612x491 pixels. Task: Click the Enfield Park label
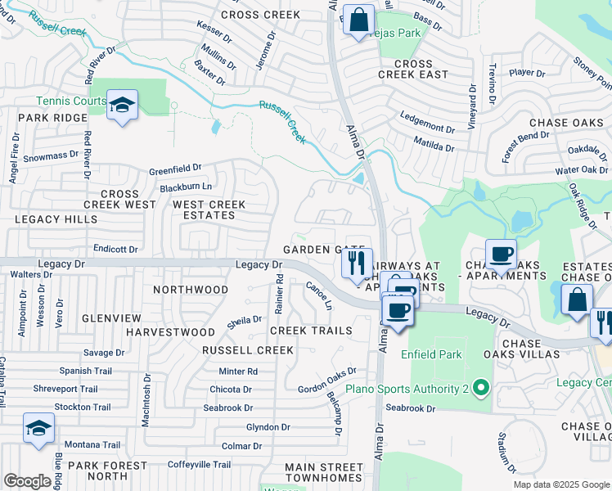click(430, 354)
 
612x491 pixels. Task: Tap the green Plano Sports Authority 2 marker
click(481, 387)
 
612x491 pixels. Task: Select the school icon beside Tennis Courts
click(122, 104)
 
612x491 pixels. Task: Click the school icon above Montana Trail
click(38, 427)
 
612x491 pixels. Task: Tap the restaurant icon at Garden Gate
click(356, 263)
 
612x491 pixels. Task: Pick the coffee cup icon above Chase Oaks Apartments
click(501, 254)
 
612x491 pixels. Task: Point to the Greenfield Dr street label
click(174, 170)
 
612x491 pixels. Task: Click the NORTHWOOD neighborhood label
click(191, 290)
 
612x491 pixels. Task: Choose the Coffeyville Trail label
click(200, 464)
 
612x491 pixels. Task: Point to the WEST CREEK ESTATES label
click(204, 209)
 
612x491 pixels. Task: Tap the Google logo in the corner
click(27, 481)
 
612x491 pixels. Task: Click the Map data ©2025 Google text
click(560, 484)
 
